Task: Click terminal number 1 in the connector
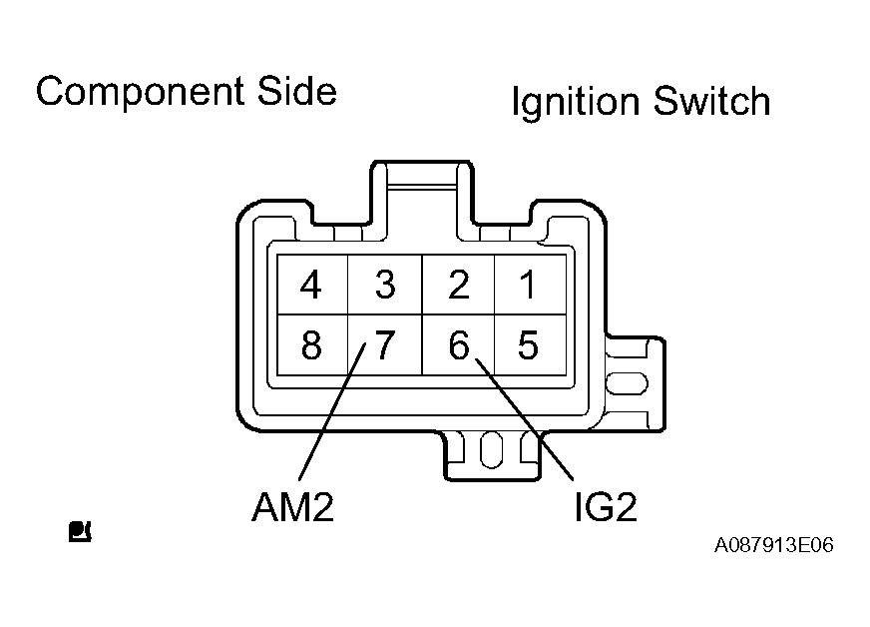tap(529, 286)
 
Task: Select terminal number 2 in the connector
tap(458, 286)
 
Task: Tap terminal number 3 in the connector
tap(384, 286)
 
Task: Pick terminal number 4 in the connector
tap(311, 286)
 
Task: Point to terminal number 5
tap(529, 345)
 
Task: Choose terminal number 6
tap(458, 345)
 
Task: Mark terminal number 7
tap(384, 345)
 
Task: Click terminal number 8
tap(311, 345)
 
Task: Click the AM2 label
tap(291, 508)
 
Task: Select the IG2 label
tap(605, 508)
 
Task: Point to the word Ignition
tap(575, 102)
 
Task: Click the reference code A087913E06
tap(773, 546)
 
